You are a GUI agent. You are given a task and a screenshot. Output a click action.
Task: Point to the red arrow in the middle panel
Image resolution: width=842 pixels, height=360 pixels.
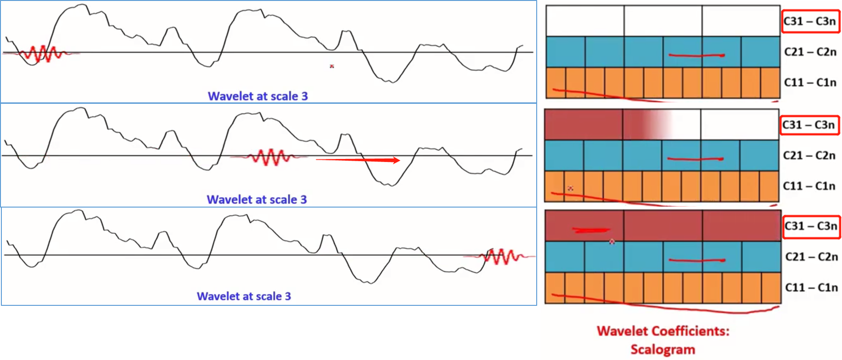click(x=358, y=160)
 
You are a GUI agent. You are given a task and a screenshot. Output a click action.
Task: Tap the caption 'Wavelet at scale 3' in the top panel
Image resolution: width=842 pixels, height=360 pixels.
click(x=258, y=96)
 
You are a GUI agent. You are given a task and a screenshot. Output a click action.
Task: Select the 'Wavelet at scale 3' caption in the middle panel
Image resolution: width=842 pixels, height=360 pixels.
click(x=257, y=199)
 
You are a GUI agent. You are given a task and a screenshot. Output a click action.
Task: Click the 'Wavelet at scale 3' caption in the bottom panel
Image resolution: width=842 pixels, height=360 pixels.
click(x=244, y=296)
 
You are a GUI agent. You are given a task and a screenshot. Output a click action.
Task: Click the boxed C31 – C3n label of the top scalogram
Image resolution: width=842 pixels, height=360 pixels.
click(x=810, y=21)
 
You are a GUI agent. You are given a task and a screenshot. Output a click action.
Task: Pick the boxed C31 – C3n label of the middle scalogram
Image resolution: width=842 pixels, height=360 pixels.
click(x=809, y=125)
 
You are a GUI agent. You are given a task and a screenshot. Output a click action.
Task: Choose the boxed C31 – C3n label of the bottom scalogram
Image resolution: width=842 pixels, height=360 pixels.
click(x=811, y=226)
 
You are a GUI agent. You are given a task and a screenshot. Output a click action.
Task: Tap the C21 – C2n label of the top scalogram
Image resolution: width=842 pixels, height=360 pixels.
click(x=810, y=52)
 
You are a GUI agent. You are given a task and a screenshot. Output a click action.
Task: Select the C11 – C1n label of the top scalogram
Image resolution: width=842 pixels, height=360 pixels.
click(x=810, y=83)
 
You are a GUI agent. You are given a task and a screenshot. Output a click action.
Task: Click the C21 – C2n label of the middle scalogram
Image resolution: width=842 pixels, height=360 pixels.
click(x=809, y=156)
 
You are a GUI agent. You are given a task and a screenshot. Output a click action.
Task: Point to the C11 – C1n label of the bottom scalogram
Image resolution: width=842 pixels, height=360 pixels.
click(x=811, y=287)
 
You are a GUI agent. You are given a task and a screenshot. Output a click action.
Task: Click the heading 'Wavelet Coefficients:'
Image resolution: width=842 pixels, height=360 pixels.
click(x=663, y=331)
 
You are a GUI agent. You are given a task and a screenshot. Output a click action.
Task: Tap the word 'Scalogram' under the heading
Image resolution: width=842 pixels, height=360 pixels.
click(x=662, y=349)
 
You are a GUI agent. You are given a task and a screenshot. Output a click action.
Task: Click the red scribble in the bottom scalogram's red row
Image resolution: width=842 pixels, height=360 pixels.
click(x=591, y=230)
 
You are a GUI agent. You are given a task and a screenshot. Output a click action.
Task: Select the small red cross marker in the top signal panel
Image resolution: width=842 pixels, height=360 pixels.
click(x=331, y=67)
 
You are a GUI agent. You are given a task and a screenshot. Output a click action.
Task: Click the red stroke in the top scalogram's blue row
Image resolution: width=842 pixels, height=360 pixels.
click(x=696, y=56)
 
